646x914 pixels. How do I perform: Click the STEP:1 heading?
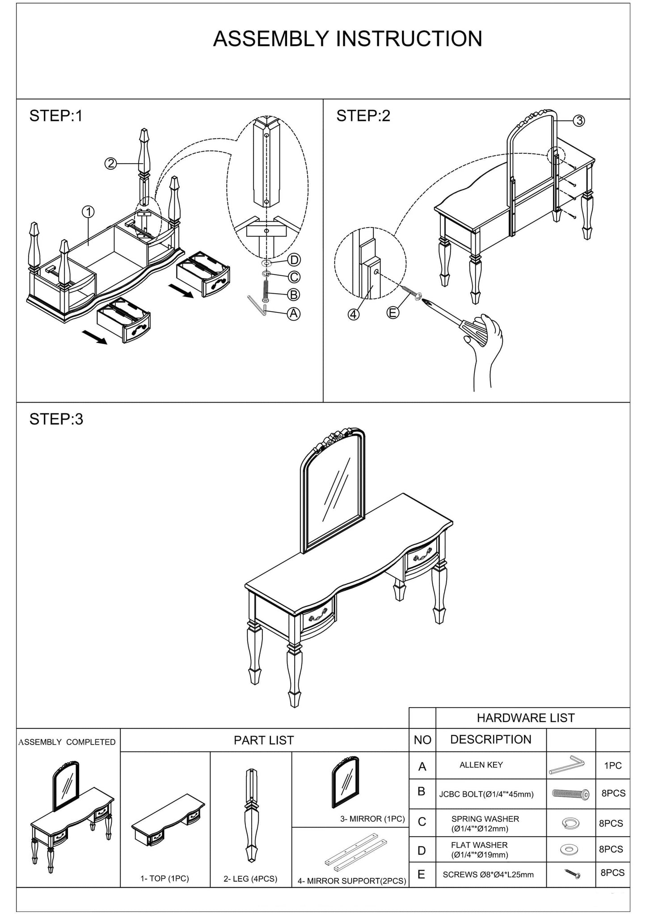[56, 116]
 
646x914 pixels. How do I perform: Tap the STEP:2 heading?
[363, 116]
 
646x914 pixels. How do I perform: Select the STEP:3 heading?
[56, 419]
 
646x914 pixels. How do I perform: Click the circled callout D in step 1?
[294, 260]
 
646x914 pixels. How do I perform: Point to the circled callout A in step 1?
[293, 314]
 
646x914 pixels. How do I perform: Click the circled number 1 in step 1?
[88, 212]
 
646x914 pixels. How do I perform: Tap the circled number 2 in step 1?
[110, 164]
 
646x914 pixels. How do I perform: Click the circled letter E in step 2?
[393, 313]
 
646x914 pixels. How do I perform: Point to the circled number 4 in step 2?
[354, 314]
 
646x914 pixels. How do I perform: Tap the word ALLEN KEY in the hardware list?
[481, 765]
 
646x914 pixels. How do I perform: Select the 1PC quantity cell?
[612, 766]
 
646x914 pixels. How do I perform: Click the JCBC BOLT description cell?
[486, 794]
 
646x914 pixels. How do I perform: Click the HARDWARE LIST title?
[525, 718]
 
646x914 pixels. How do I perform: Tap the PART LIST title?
[264, 740]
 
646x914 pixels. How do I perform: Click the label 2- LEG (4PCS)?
[250, 879]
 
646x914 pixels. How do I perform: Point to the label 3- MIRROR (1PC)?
[372, 819]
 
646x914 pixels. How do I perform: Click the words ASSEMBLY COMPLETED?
[67, 742]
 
